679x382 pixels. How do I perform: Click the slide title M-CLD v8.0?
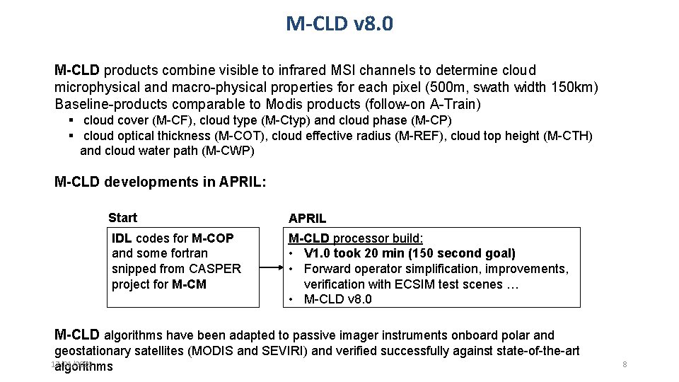[339, 24]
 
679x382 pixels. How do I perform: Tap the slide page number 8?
[625, 364]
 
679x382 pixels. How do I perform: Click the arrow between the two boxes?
[269, 268]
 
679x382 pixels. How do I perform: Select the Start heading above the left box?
[122, 218]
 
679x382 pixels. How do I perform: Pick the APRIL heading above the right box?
[307, 219]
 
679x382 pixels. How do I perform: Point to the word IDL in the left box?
[122, 238]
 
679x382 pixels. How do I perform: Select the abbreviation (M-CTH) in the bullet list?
[568, 136]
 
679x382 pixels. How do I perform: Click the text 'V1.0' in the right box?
[317, 253]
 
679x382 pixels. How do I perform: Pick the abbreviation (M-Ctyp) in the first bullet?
[289, 120]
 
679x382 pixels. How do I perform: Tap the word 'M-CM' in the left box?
[189, 284]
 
